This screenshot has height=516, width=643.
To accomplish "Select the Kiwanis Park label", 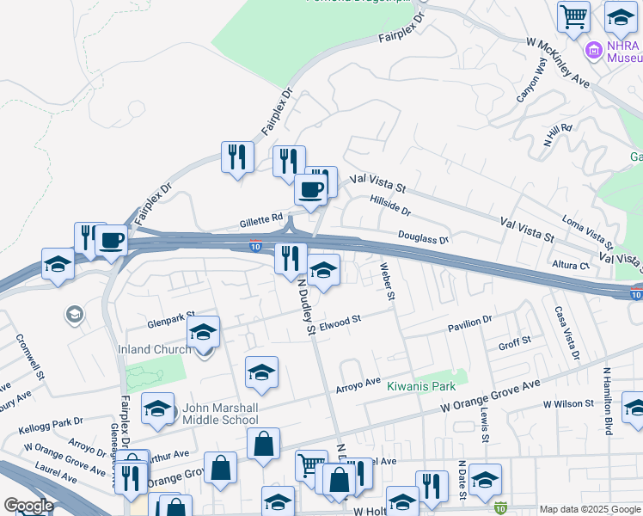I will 420,387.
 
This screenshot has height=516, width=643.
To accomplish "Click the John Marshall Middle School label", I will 219,414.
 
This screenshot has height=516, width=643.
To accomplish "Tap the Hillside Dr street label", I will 390,205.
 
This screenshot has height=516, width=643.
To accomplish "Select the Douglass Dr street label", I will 423,236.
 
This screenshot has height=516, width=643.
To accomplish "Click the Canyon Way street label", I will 531,82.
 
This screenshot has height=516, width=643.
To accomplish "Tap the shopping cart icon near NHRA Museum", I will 573,15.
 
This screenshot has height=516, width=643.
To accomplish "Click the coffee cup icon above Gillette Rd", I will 310,188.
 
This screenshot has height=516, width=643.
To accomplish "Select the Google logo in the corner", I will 28,506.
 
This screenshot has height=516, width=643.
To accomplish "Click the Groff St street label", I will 515,341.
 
